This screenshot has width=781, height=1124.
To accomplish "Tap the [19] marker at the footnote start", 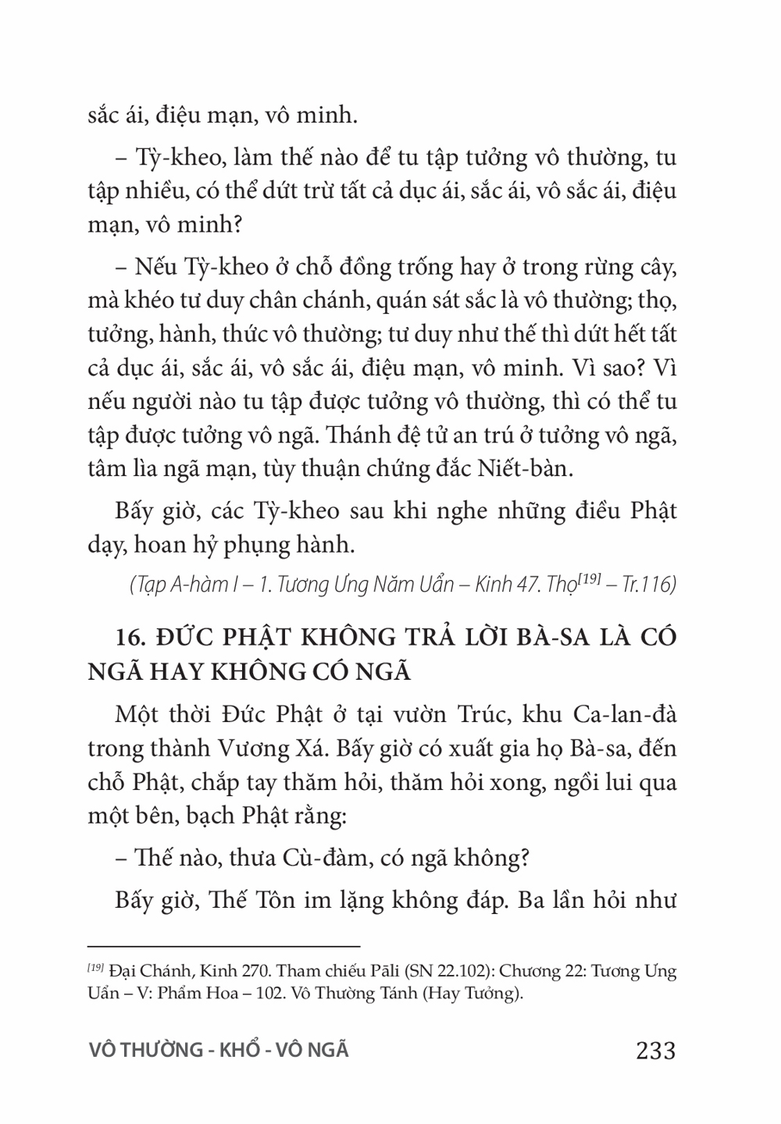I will click(x=95, y=969).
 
